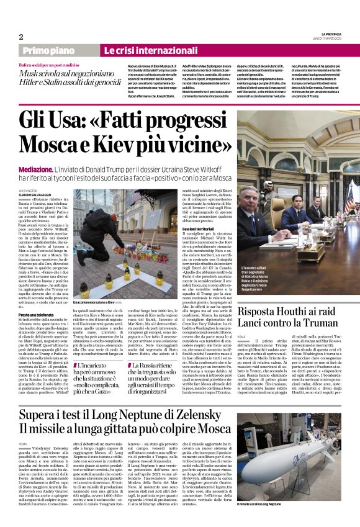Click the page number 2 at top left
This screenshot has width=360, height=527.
(x=20, y=37)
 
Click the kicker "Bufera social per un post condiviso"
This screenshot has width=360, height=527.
(x=54, y=65)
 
